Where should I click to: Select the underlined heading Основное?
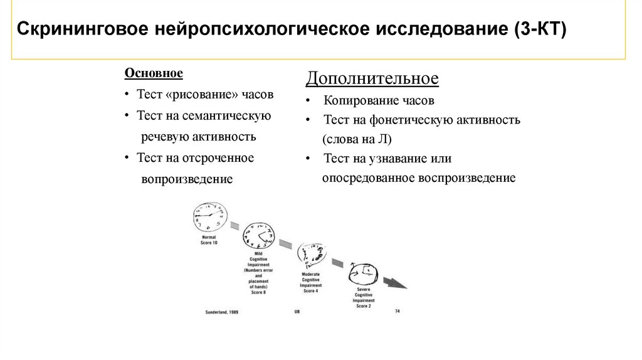point(154,73)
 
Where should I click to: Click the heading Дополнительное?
point(372,80)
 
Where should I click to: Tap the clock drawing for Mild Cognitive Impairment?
point(258,236)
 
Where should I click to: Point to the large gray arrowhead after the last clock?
point(395,283)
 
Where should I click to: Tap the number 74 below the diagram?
point(397,310)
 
